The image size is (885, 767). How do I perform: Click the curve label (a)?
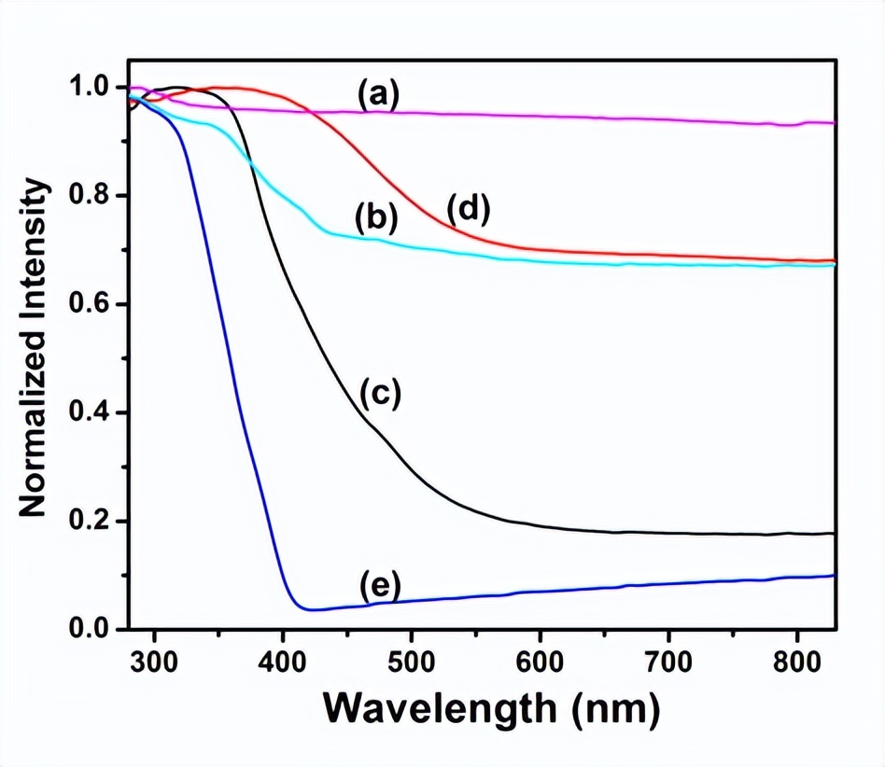point(377,94)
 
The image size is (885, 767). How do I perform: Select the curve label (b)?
point(376,219)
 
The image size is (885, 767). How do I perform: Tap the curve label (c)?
point(378,395)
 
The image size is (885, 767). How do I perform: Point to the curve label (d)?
point(469,210)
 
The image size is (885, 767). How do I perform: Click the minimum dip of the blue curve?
point(308,609)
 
